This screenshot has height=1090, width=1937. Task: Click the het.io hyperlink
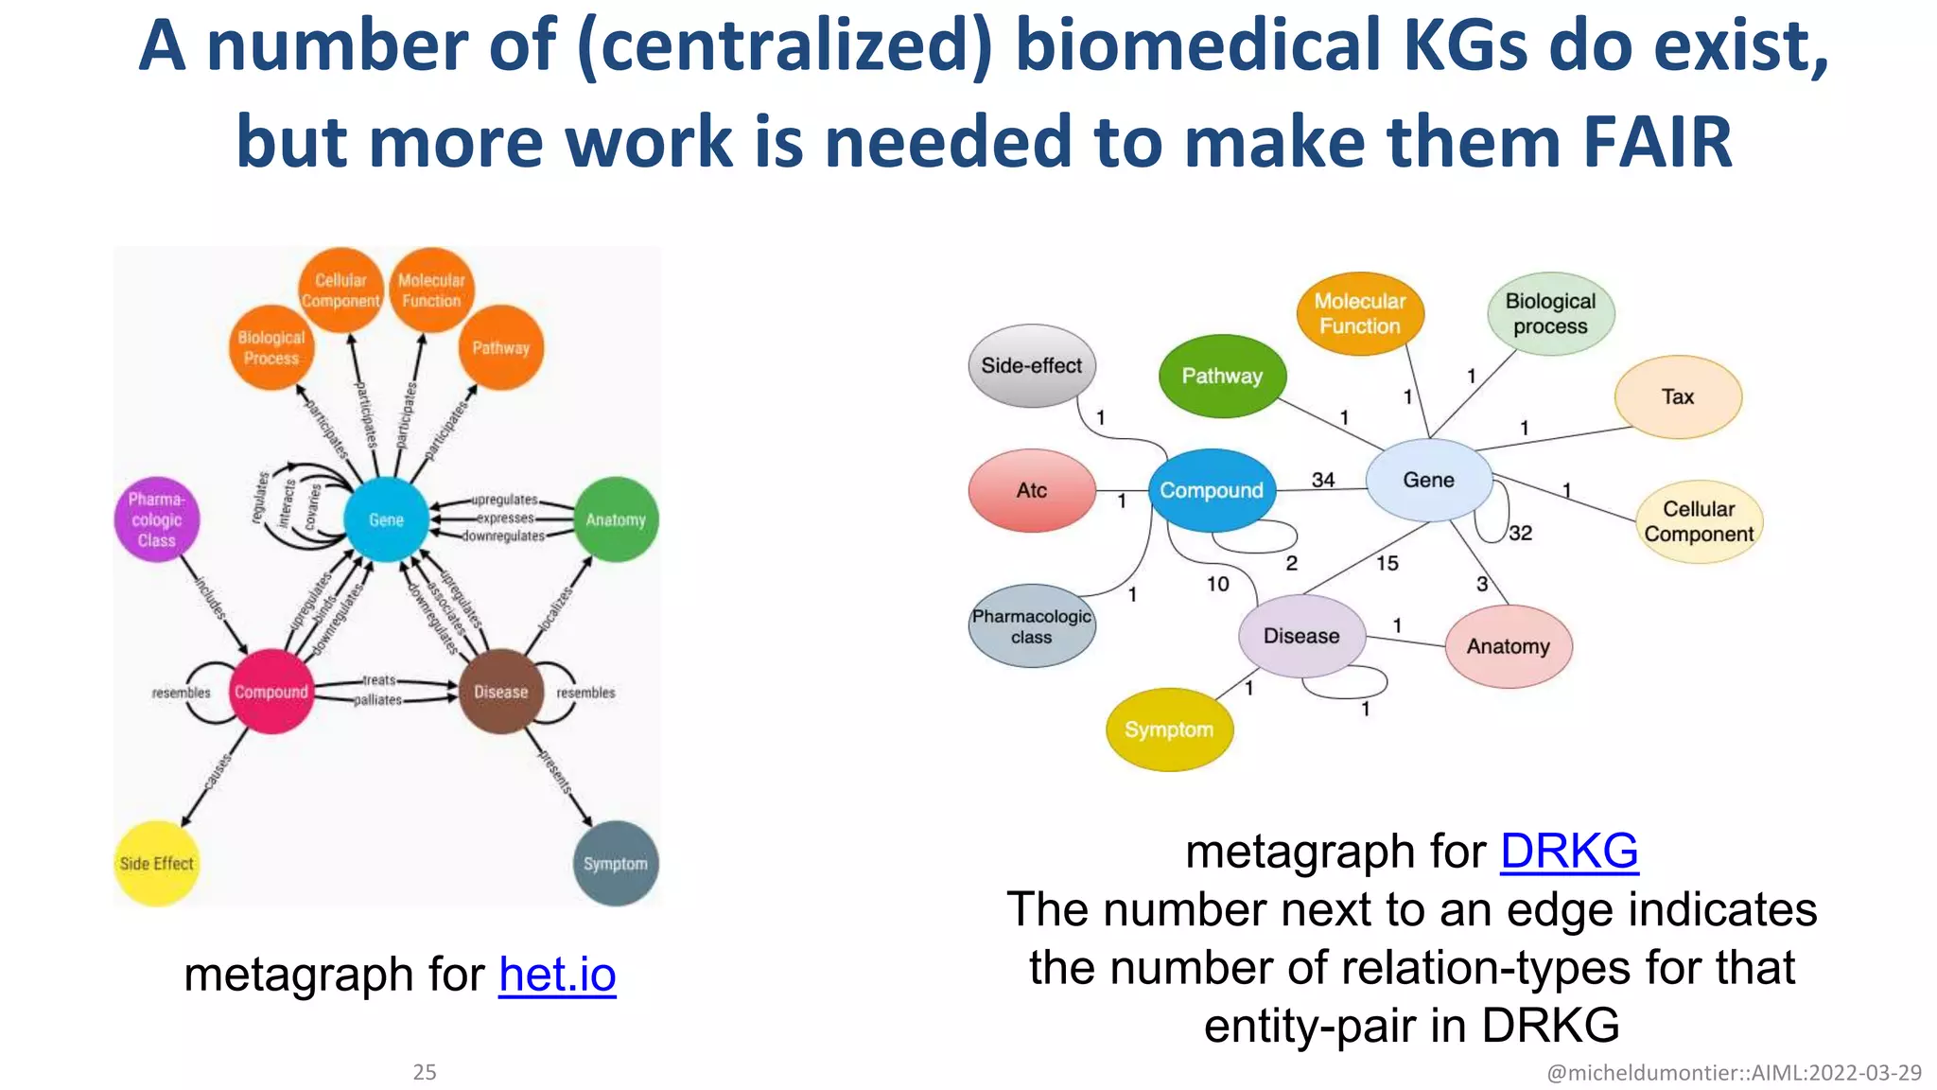point(557,975)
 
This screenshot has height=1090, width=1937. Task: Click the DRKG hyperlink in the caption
point(1569,851)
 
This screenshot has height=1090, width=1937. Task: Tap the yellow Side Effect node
point(156,863)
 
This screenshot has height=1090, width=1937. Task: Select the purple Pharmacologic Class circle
point(156,519)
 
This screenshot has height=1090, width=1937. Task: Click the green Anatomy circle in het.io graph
point(616,519)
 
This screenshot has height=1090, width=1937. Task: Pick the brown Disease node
point(500,692)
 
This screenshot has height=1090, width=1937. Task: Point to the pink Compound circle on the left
point(270,692)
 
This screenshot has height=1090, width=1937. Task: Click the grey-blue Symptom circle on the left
point(616,863)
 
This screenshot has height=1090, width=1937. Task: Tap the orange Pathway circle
point(500,347)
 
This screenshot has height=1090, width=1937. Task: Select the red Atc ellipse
point(1031,490)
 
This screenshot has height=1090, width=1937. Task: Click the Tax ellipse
point(1677,396)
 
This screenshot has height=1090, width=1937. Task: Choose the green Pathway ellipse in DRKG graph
point(1222,376)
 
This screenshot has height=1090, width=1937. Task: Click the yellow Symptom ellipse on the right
point(1169,730)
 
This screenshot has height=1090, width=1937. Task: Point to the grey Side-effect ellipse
point(1031,365)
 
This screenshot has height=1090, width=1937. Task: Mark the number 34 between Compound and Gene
point(1322,480)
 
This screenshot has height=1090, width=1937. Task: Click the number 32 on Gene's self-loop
point(1520,533)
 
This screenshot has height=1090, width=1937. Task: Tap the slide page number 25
point(425,1072)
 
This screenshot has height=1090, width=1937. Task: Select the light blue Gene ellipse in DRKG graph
point(1428,480)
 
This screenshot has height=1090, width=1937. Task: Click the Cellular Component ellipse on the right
point(1699,521)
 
